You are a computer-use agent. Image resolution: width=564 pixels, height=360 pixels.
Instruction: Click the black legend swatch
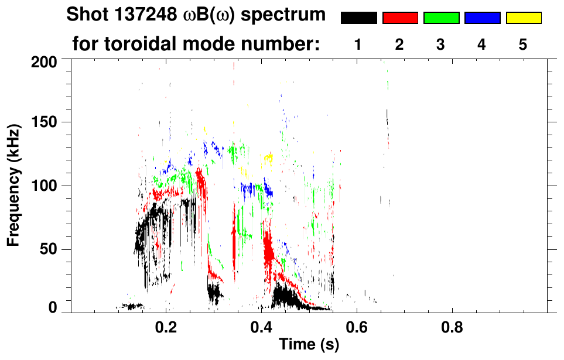pos(358,18)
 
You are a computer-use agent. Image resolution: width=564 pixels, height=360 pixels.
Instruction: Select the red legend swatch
pos(400,18)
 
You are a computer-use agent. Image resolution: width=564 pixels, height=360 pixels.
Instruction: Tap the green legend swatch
pos(441,18)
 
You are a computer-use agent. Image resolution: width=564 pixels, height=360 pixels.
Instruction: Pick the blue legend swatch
pos(482,18)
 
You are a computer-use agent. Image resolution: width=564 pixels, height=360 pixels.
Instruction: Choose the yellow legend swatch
pos(524,18)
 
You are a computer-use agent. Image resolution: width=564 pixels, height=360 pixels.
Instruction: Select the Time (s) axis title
pos(308,345)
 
